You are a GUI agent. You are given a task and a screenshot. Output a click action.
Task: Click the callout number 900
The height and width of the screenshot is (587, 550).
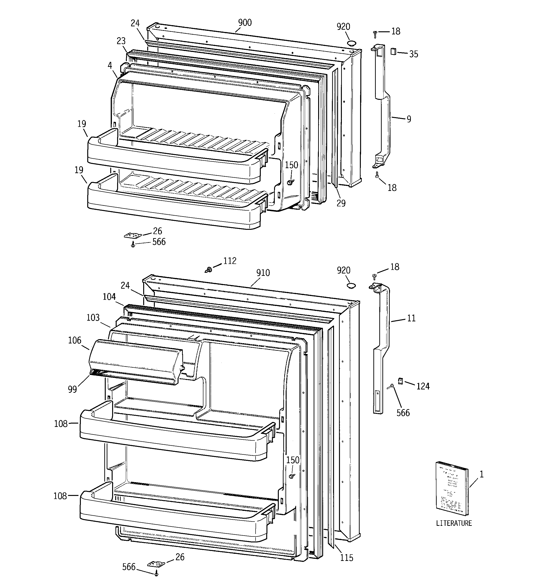[245, 23]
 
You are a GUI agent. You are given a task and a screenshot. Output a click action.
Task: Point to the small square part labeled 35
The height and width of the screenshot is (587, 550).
[393, 51]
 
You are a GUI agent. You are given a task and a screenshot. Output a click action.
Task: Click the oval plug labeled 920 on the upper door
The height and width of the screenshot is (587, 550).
[352, 43]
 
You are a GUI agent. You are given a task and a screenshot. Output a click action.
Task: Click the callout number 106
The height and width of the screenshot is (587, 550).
[74, 340]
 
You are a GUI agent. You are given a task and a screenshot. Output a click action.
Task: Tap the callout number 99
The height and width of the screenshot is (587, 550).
[72, 389]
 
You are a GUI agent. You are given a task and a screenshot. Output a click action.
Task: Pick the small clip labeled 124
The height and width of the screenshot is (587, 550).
[401, 381]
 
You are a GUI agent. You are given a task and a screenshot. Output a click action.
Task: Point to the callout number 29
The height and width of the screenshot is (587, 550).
[341, 203]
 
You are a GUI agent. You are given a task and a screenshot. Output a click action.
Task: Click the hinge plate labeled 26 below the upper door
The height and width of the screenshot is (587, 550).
[133, 235]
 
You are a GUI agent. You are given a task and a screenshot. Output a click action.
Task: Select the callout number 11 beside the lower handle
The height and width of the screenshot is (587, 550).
[411, 318]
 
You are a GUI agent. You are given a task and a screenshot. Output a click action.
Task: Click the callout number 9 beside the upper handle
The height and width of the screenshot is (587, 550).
[409, 119]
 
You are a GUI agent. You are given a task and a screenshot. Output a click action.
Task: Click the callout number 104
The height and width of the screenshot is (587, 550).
[109, 297]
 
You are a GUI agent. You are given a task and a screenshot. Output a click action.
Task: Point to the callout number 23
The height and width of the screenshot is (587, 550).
[121, 41]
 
